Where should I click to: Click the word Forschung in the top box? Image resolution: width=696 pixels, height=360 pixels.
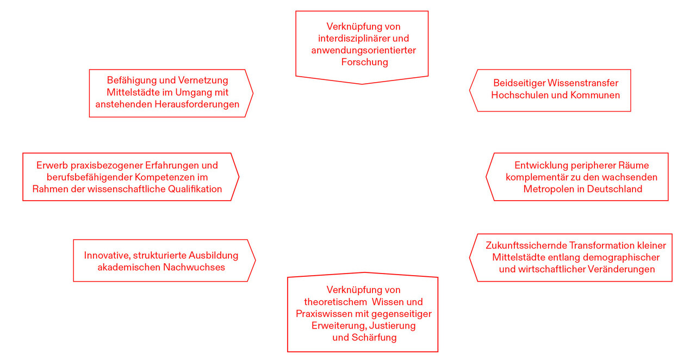click(x=364, y=62)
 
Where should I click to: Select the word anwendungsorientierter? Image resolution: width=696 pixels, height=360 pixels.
click(x=364, y=50)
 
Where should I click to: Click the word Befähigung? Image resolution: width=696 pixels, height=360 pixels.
click(x=132, y=80)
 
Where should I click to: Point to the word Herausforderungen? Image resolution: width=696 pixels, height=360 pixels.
click(x=197, y=104)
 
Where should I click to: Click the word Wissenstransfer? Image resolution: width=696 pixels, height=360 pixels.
click(x=582, y=83)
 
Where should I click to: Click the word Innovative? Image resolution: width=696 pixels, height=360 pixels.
click(x=107, y=256)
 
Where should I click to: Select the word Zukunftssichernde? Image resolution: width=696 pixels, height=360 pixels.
click(x=526, y=246)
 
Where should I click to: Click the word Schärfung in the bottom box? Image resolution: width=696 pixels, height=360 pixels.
click(x=374, y=338)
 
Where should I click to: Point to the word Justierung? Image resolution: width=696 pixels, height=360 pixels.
click(x=393, y=326)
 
